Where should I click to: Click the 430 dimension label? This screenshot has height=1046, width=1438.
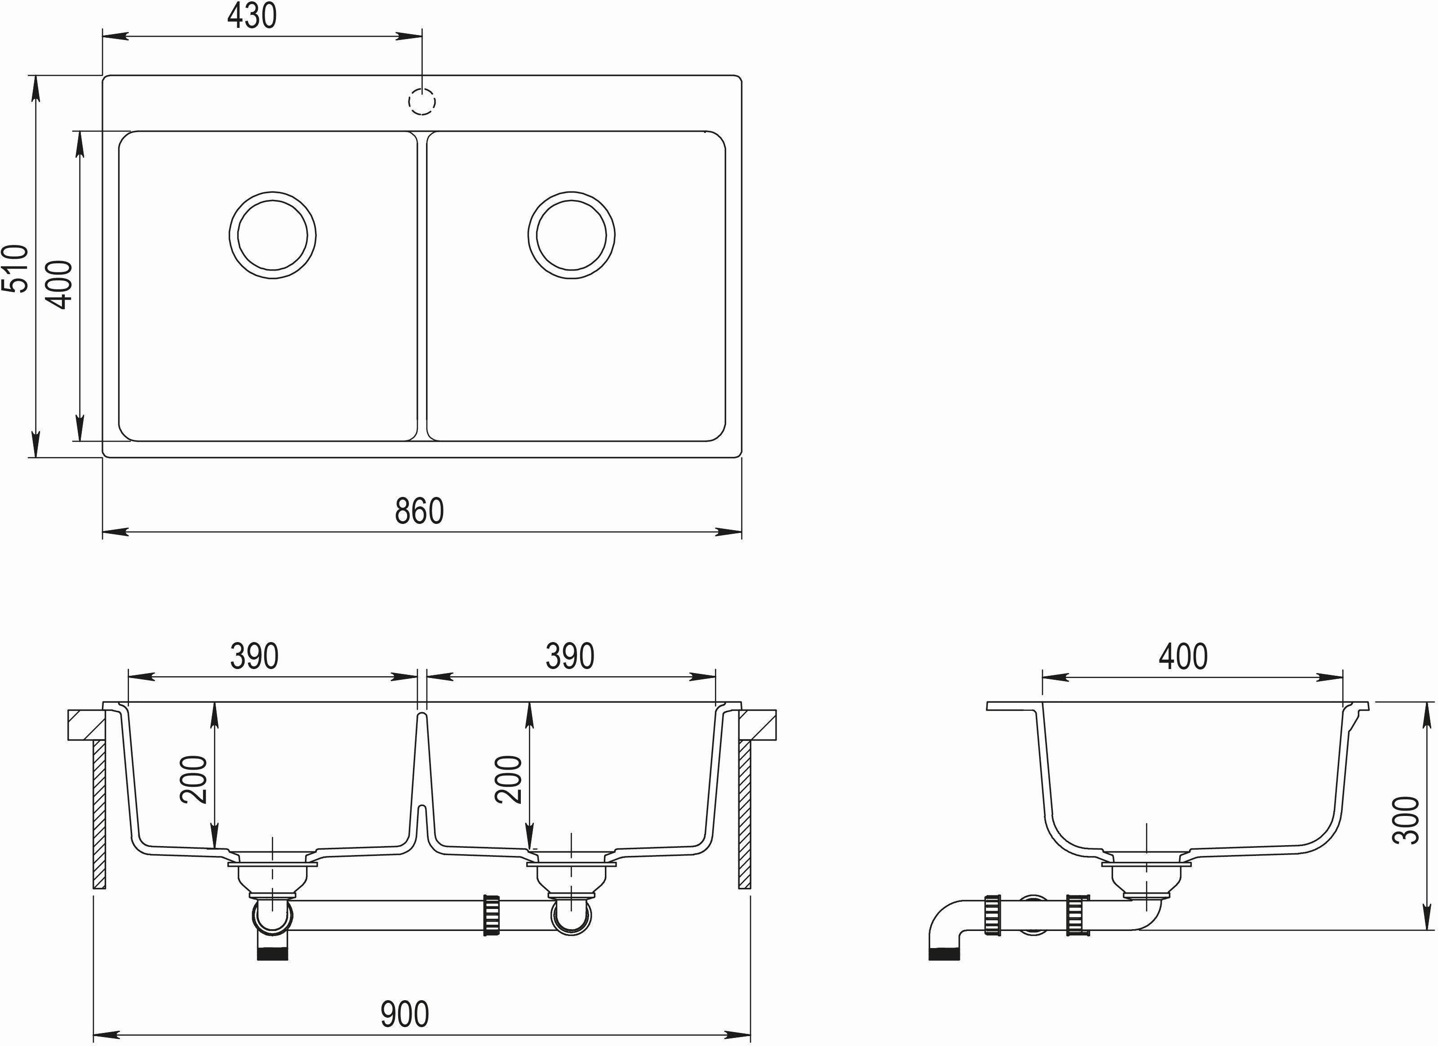click(x=253, y=17)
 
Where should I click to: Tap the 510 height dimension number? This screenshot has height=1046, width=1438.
click(x=16, y=268)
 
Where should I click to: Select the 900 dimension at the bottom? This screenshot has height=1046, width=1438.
click(x=404, y=1014)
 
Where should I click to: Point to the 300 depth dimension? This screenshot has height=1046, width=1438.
click(x=1406, y=820)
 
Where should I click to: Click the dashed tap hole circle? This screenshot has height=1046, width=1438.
click(x=422, y=102)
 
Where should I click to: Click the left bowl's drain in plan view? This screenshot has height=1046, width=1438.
click(x=273, y=235)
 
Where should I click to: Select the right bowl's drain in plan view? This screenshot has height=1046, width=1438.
click(x=571, y=235)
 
